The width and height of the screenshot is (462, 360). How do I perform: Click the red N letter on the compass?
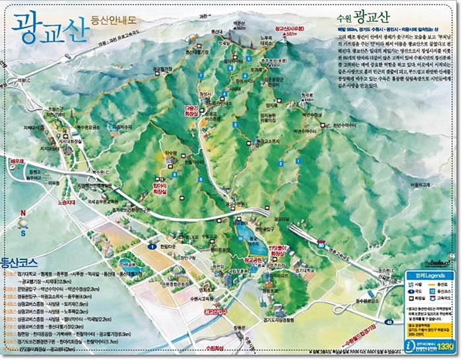coord(22,213)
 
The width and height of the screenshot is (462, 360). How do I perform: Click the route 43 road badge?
coord(391,322)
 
